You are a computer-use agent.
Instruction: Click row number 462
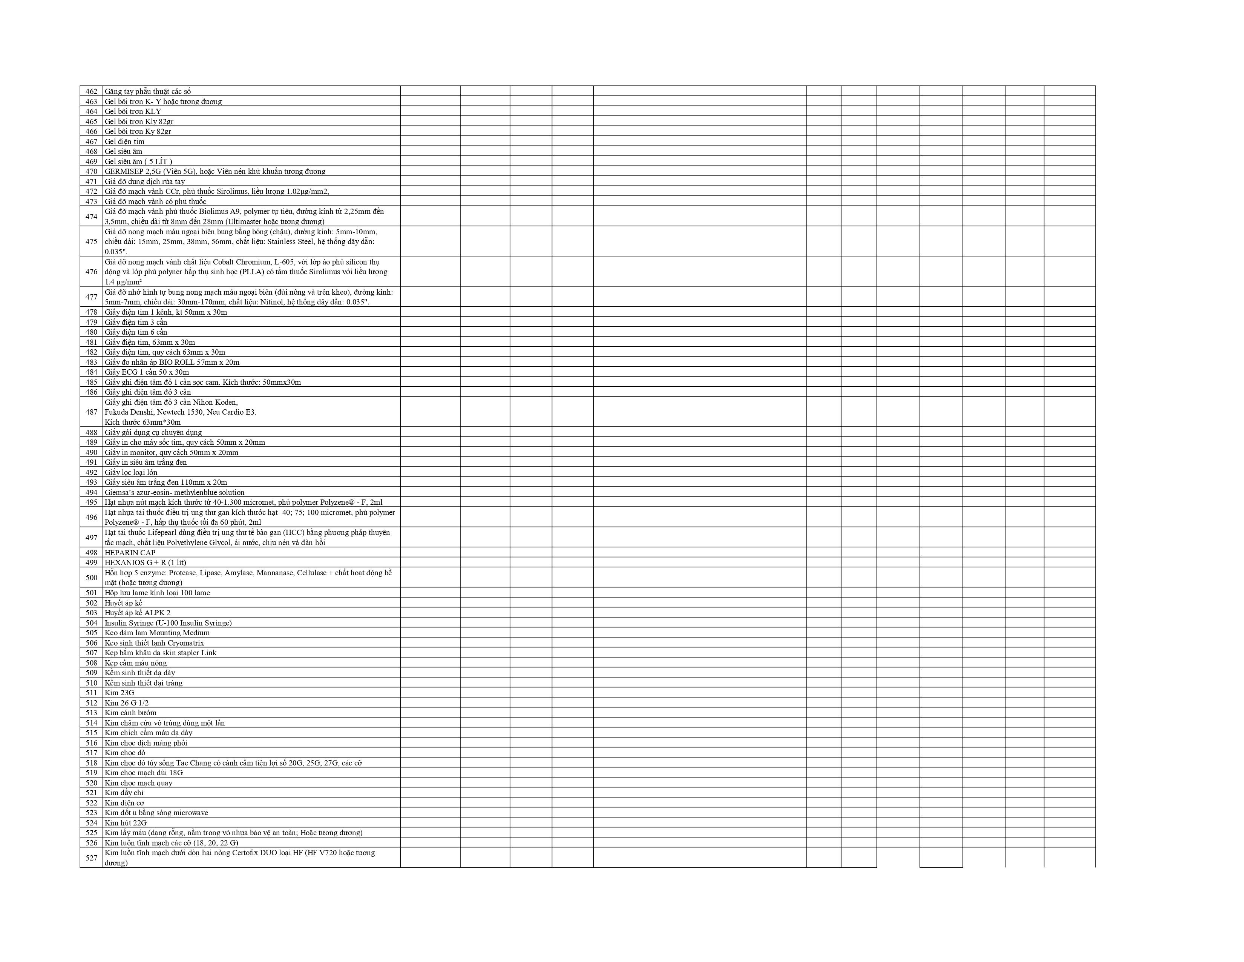[91, 92]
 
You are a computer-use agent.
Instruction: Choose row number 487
[91, 412]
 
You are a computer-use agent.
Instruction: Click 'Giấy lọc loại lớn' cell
[131, 472]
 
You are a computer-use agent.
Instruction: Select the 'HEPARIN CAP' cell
[130, 553]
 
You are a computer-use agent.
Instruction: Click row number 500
[91, 577]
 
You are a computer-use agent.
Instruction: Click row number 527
[91, 858]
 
